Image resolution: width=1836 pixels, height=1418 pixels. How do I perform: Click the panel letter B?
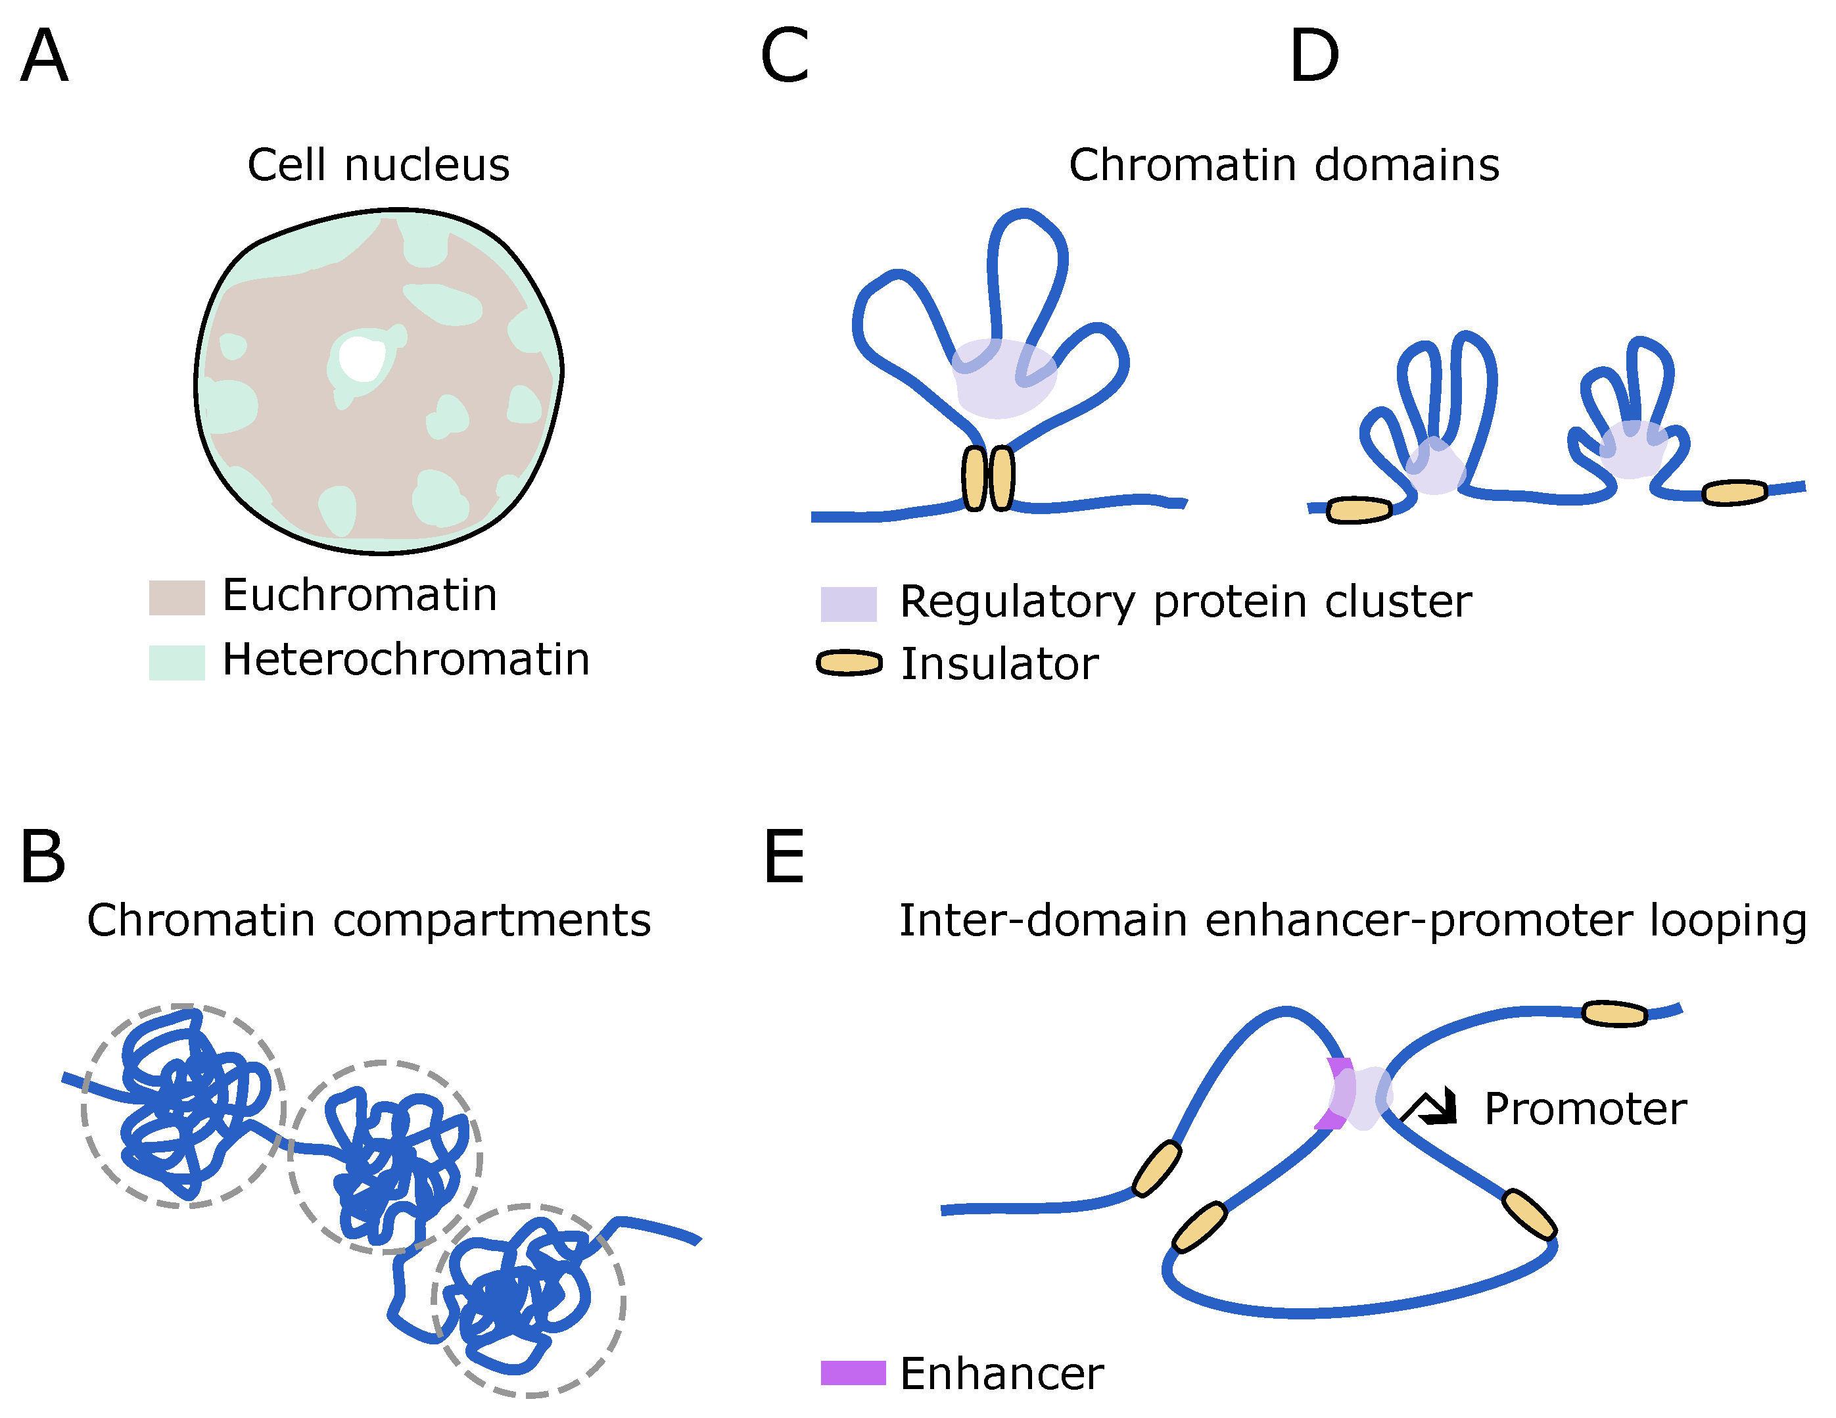point(43,857)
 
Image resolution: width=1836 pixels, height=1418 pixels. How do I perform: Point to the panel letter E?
point(784,857)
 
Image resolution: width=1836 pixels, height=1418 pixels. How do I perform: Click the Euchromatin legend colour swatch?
point(177,598)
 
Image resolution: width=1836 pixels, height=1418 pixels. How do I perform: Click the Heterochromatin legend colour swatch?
point(177,663)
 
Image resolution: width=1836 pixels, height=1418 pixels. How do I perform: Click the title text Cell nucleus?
point(378,165)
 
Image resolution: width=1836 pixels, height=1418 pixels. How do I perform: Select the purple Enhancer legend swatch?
point(853,1373)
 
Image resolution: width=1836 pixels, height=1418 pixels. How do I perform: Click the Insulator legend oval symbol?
point(849,663)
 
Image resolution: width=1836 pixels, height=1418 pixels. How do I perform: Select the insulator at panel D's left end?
point(1359,509)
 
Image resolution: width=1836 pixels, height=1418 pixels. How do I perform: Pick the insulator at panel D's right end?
point(1734,492)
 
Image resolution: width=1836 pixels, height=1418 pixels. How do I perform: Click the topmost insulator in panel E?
point(1614,1014)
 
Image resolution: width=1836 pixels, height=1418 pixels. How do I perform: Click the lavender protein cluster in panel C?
point(1004,378)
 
